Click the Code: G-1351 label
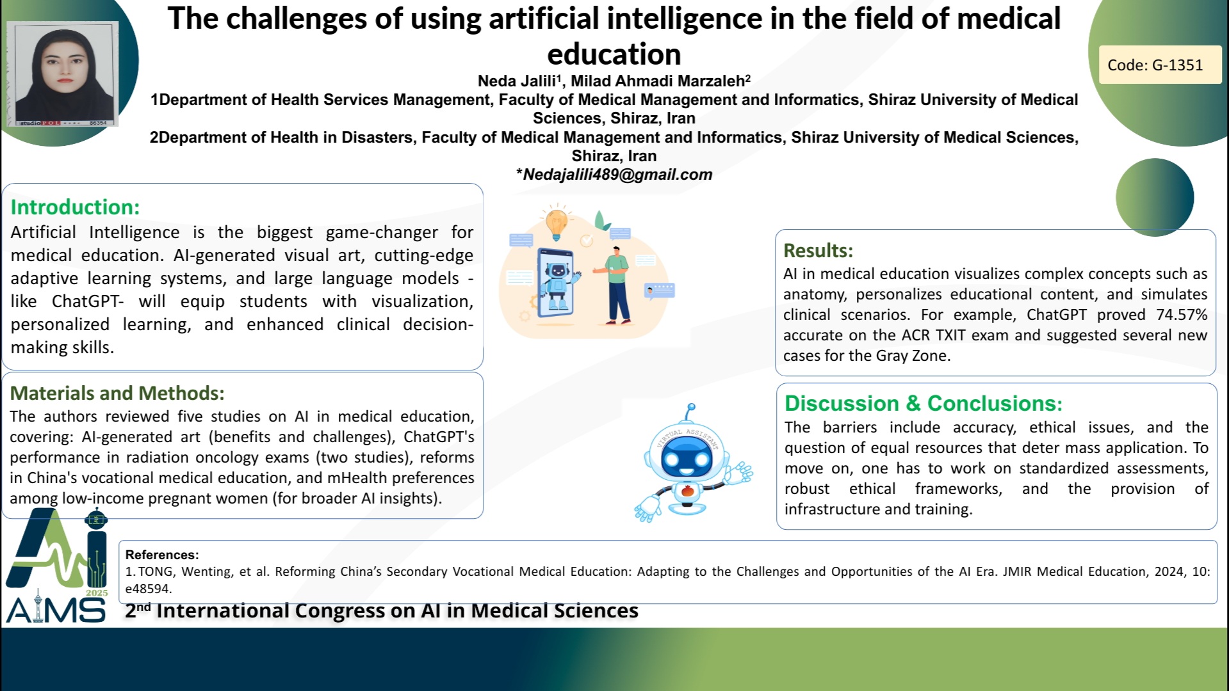tap(1155, 65)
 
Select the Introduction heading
tap(75, 207)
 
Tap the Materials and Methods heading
tap(117, 393)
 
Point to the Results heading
tap(818, 250)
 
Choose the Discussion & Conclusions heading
tap(924, 403)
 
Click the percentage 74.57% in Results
tap(1182, 315)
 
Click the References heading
tap(162, 555)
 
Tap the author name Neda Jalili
tap(516, 81)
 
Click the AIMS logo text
tap(56, 611)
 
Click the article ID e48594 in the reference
tap(149, 589)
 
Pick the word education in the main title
tap(614, 54)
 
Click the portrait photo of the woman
tap(63, 73)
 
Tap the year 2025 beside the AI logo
tap(97, 593)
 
